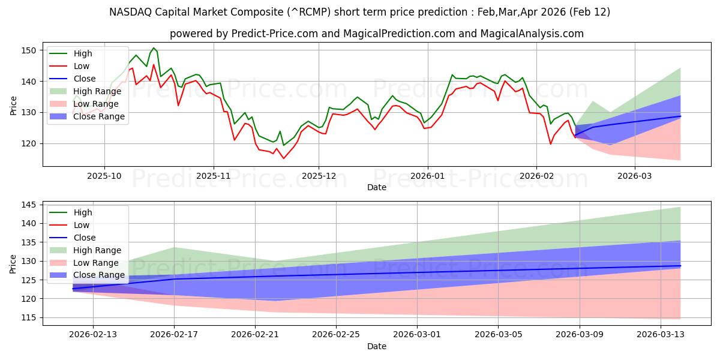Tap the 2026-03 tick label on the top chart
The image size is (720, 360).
[635, 176]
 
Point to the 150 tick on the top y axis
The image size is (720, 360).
[29, 50]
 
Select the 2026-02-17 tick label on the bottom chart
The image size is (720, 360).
[174, 335]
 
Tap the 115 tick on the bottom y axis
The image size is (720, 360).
[29, 318]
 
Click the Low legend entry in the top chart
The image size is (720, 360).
[82, 66]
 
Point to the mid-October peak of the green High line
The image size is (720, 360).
[154, 48]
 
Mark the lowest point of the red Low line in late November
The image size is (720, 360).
[283, 158]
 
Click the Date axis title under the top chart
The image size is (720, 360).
[377, 187]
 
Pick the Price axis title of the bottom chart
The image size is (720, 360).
[13, 263]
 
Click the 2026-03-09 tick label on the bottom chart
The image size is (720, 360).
[580, 335]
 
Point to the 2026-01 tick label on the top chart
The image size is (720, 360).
[427, 176]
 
